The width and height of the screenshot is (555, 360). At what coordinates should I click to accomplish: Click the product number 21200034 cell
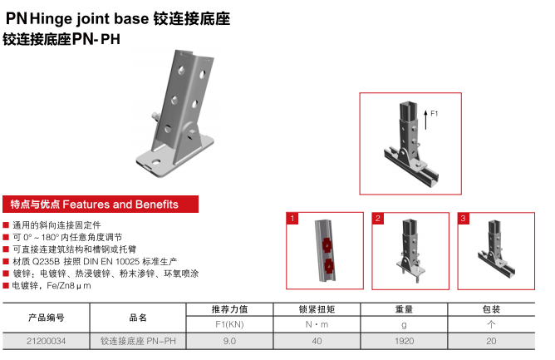pos(46,341)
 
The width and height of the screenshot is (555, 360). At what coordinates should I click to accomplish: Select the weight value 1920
pos(405,341)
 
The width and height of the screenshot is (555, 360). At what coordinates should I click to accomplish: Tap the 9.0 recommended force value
pos(229,341)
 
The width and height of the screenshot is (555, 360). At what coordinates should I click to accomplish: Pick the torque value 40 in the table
pos(317,341)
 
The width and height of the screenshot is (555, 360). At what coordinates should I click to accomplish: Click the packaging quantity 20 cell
pos(491,341)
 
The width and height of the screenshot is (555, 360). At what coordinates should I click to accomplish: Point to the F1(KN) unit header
pos(229,324)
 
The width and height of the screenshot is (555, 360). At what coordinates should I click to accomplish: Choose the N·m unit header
pos(317,324)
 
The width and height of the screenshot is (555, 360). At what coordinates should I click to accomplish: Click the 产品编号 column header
pos(46,318)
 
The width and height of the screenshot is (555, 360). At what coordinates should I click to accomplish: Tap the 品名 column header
pos(138,318)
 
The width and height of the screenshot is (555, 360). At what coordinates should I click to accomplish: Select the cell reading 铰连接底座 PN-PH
pos(138,341)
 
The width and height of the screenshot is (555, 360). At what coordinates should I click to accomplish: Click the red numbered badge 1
pos(292,219)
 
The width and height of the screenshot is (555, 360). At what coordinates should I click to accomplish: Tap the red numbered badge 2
pos(378,219)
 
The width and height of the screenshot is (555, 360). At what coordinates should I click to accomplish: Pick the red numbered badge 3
pos(464,219)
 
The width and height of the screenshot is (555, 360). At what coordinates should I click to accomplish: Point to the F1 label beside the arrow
pos(434,113)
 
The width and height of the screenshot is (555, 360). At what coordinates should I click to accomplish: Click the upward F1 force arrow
pos(426,120)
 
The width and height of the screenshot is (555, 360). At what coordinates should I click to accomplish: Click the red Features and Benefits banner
pos(101,204)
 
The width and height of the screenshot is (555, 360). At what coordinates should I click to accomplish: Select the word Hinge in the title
pos(52,18)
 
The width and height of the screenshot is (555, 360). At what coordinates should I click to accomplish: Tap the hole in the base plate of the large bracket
pos(155,162)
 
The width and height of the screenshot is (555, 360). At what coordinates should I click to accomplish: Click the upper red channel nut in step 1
pos(327,245)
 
